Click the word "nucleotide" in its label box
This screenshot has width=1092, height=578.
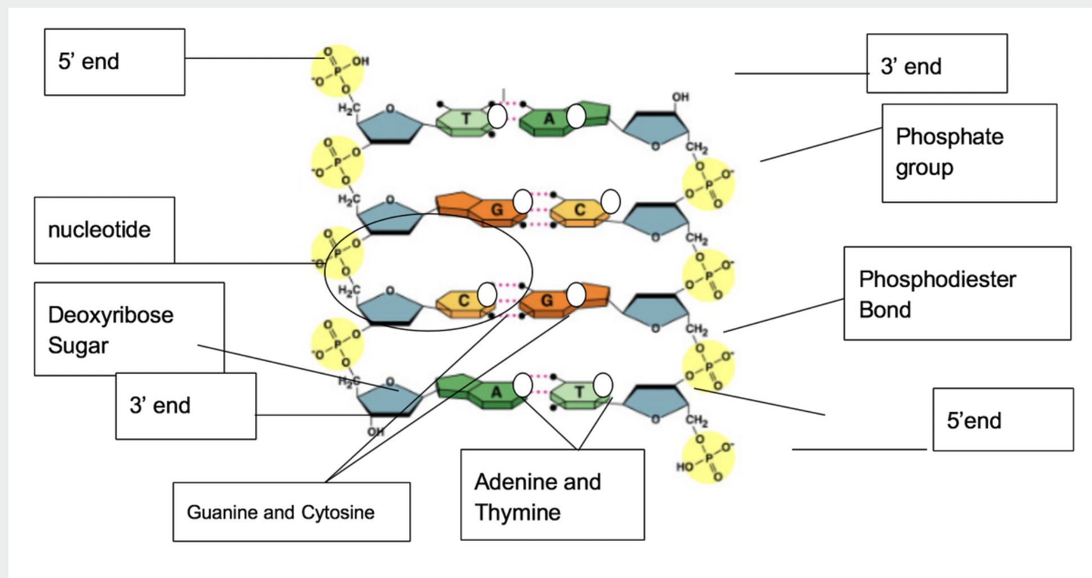pyautogui.click(x=99, y=230)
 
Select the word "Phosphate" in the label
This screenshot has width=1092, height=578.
pyautogui.click(x=950, y=137)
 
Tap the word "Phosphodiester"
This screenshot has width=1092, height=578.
pyautogui.click(x=937, y=279)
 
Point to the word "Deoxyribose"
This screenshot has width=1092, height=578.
pyautogui.click(x=111, y=315)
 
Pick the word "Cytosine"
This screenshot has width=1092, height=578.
pyautogui.click(x=338, y=512)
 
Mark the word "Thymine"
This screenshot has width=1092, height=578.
pyautogui.click(x=517, y=513)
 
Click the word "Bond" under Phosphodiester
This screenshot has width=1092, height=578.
pyautogui.click(x=884, y=310)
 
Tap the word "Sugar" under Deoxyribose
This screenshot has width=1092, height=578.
pyautogui.click(x=78, y=346)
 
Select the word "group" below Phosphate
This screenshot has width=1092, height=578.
pyautogui.click(x=924, y=168)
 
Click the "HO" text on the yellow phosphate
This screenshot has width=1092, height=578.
pyautogui.click(x=684, y=467)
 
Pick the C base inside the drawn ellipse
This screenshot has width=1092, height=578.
pyautogui.click(x=463, y=301)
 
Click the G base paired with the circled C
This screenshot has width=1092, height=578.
pyautogui.click(x=547, y=301)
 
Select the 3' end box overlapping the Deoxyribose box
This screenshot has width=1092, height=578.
pyautogui.click(x=185, y=406)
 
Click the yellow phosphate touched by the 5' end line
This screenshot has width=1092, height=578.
pyautogui.click(x=337, y=71)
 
